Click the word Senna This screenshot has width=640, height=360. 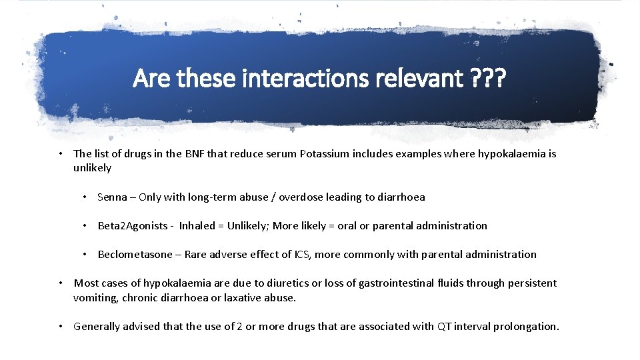113,197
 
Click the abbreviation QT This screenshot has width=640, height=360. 444,327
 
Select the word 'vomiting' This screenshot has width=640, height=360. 95,298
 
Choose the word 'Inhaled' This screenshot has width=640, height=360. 197,226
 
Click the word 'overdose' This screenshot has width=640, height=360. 301,197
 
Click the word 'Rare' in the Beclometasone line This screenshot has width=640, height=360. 196,255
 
